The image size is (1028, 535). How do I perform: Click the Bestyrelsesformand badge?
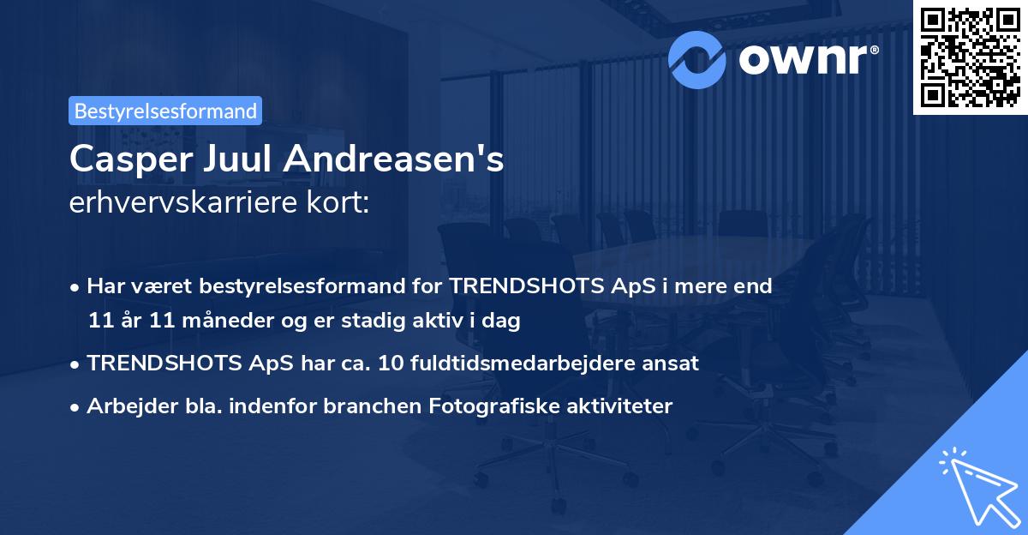pos(164,111)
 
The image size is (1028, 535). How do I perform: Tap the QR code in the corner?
pos(971,57)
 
